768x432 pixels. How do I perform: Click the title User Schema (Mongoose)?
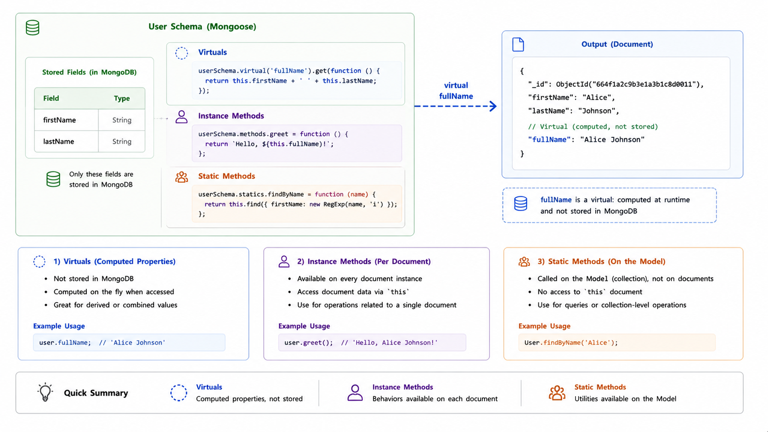[x=202, y=26]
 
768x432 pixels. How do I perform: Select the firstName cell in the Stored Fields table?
[x=66, y=120]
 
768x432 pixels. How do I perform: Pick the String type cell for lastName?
[x=122, y=141]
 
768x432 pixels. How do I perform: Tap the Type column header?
[x=122, y=98]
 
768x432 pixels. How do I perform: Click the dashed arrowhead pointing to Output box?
[x=493, y=106]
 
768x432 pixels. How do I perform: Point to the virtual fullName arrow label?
[x=456, y=90]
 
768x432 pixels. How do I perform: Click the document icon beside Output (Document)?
[x=518, y=45]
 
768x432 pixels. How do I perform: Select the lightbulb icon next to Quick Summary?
[x=45, y=392]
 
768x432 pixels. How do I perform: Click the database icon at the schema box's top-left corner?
[x=33, y=28]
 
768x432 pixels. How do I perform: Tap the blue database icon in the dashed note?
[x=520, y=203]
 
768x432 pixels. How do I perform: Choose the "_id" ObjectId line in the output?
[x=616, y=84]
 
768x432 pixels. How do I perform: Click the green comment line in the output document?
[x=593, y=126]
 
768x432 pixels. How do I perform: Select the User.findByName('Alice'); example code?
[x=571, y=342]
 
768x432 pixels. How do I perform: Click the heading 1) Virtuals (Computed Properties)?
[x=114, y=261]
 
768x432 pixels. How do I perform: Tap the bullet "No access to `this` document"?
[x=590, y=292]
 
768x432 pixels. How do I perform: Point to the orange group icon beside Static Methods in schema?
[x=182, y=177]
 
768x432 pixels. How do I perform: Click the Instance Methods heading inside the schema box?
[x=231, y=116]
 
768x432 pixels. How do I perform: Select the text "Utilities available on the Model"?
[x=625, y=399]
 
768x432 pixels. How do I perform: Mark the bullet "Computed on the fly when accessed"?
[x=114, y=292]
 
